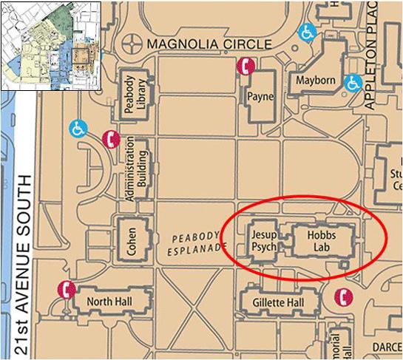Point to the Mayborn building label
(x=315, y=80)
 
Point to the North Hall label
(x=109, y=301)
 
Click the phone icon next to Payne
(x=245, y=67)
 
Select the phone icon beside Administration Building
(x=111, y=139)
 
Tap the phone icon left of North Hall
(x=67, y=291)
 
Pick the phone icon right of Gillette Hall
(x=342, y=296)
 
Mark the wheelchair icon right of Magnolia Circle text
(x=305, y=32)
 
